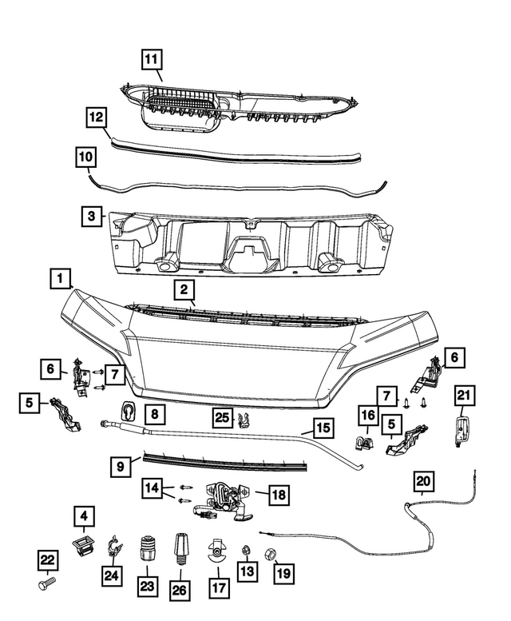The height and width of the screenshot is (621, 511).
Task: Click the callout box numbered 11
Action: point(152,58)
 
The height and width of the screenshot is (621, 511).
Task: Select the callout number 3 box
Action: point(92,216)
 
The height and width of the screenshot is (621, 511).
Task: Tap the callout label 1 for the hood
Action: point(58,279)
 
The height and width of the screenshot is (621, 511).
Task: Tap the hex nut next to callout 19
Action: point(269,551)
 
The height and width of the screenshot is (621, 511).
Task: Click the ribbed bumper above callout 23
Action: point(146,550)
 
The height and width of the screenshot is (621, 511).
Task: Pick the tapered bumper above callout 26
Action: point(180,549)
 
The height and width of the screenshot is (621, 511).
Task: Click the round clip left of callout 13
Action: point(216,551)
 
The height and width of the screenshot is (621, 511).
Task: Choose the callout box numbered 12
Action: point(96,118)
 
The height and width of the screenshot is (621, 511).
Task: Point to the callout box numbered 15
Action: point(322,429)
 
